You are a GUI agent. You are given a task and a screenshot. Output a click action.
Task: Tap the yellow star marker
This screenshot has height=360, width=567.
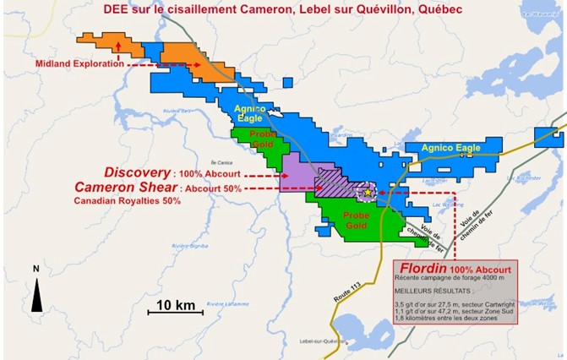point(368,193)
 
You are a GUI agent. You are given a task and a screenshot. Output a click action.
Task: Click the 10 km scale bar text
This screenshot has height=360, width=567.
point(176,303)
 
